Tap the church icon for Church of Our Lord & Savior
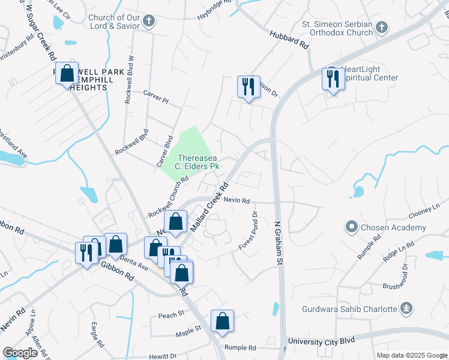(149, 22)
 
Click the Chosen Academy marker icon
(351, 227)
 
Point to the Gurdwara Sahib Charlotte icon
(406, 309)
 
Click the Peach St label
(170, 315)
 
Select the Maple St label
(188, 329)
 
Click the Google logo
(20, 353)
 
